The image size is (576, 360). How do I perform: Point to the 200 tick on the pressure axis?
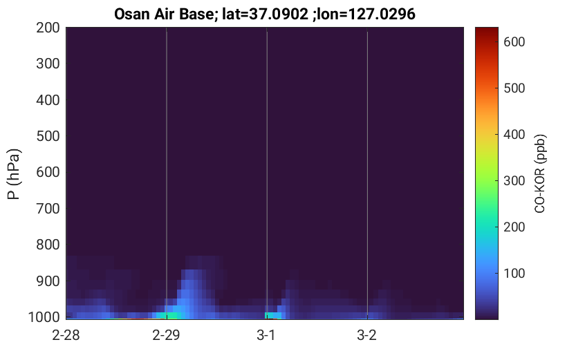tap(48, 28)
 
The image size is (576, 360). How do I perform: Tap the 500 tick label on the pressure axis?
tap(48, 136)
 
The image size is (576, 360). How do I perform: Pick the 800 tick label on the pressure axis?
tap(48, 245)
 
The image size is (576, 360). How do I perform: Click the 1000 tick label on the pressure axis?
tap(44, 317)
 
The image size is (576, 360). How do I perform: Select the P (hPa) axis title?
tap(14, 174)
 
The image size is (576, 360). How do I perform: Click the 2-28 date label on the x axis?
tap(66, 335)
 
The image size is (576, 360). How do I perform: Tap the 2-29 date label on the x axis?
tap(167, 335)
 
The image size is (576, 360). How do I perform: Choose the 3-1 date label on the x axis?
tap(266, 335)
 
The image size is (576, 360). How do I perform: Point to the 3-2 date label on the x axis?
tap(367, 335)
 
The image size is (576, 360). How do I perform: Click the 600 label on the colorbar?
tap(514, 42)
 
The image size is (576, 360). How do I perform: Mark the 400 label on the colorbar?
tap(514, 135)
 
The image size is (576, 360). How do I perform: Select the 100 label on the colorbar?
tap(514, 274)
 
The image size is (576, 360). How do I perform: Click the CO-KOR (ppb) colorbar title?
tap(540, 173)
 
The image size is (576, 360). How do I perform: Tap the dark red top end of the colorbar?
tap(487, 29)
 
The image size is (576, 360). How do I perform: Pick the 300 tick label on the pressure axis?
tap(48, 64)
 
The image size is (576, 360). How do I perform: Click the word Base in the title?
tap(196, 15)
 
